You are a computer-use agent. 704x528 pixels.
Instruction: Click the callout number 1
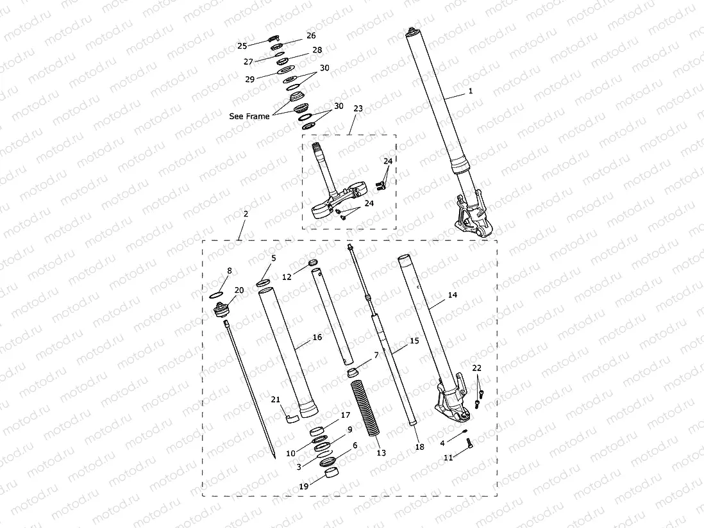click(x=471, y=91)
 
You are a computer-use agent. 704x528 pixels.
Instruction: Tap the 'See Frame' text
click(x=249, y=117)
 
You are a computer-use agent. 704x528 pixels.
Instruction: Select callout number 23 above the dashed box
click(x=358, y=109)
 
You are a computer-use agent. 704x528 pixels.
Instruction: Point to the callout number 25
click(x=242, y=45)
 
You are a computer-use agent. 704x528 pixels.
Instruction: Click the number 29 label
click(x=249, y=79)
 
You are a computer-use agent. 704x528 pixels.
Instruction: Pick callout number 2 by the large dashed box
click(x=246, y=213)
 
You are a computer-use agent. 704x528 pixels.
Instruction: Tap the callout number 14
click(x=453, y=295)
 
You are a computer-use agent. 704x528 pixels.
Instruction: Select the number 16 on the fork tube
click(x=317, y=337)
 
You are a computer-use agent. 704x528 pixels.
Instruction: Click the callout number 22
click(x=476, y=368)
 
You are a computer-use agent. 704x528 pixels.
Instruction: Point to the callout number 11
click(x=448, y=458)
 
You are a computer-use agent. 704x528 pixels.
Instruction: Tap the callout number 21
click(x=275, y=400)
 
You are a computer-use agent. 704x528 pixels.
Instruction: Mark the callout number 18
click(x=419, y=447)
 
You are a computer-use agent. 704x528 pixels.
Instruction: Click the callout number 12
click(x=287, y=277)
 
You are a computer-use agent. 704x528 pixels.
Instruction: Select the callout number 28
click(x=317, y=50)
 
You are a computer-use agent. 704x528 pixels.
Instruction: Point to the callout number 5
click(x=273, y=258)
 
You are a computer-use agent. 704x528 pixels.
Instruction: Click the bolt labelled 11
click(x=469, y=442)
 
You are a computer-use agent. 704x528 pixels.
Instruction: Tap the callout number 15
click(x=414, y=341)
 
